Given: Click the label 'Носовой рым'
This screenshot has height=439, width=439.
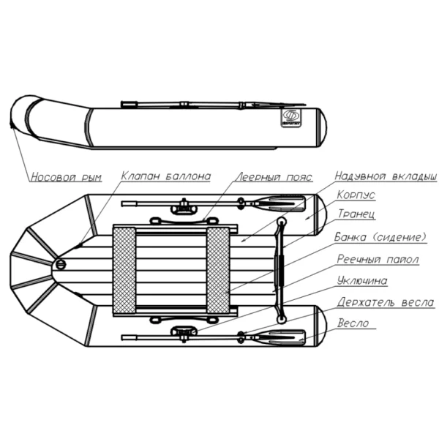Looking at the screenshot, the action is coord(66,177).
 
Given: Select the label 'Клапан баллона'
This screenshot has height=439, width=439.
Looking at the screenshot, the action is coord(166,176).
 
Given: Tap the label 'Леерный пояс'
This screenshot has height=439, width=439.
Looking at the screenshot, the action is coord(274,177).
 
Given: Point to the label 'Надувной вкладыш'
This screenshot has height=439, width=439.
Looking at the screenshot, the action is coord(386,176).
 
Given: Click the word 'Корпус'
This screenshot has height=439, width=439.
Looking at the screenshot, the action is coord(356,195).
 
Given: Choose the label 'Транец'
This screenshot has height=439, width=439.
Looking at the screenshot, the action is coord(356,214).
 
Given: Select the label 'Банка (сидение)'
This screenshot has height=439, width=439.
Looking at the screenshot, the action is coord(380,237).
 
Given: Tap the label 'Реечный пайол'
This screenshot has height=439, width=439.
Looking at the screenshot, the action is coord(378,259).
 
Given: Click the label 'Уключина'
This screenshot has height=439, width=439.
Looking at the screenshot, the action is coord(362,280).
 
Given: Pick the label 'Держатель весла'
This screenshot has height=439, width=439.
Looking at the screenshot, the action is coord(386,302).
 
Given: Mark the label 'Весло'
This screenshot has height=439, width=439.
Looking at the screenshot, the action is coord(353,323).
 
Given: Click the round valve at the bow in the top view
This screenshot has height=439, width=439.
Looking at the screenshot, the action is coord(61,263).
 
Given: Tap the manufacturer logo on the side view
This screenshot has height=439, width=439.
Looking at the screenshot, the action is coord(291,118).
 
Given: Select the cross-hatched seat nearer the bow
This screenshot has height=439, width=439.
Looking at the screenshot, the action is coord(124,271).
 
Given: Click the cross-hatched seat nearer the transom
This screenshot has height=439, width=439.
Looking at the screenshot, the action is coord(218,271).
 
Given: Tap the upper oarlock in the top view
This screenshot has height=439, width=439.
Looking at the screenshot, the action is coord(184,207).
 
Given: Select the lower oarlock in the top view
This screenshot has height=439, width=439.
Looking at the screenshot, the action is coord(184,334).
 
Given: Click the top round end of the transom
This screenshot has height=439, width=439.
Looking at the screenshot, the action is coord(282,222).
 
